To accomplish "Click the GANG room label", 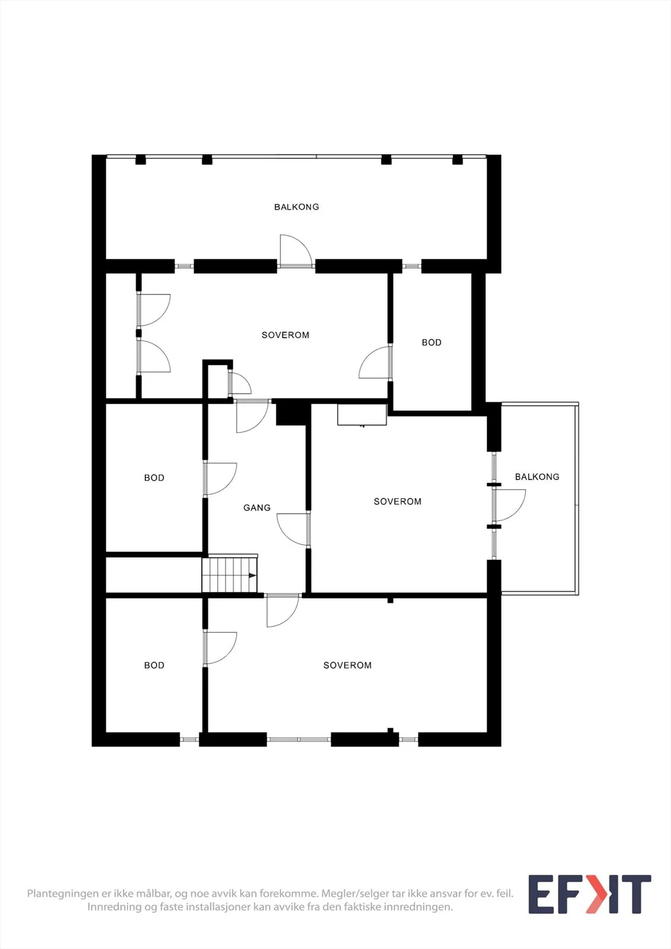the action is point(257,508).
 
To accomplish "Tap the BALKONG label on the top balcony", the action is point(297,207).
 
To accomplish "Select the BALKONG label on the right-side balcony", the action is point(537,477).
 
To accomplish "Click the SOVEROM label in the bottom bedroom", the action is point(348,665).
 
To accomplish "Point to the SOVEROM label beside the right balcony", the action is point(397,502).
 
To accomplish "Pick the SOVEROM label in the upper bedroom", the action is point(285,335).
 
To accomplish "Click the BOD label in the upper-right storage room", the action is point(431,342).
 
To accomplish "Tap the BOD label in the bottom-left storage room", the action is point(154,665).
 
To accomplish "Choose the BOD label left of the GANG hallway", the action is point(154,478).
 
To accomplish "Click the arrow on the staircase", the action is point(252,575).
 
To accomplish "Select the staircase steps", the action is point(230,575).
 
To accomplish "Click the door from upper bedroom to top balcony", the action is point(296,251).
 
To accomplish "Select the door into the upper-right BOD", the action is point(375,362).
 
